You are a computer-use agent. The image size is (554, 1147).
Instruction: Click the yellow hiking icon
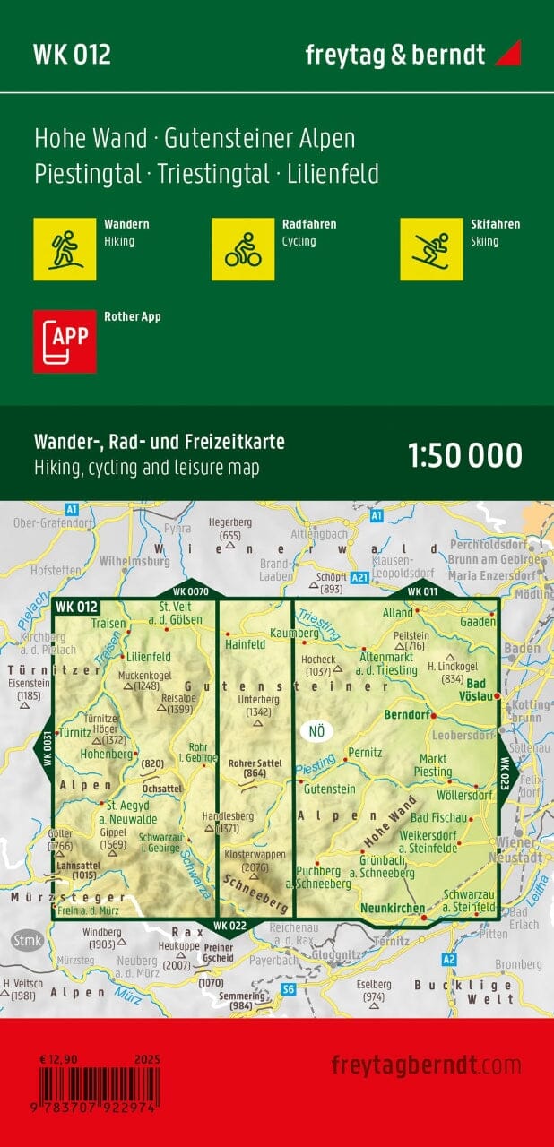[x=64, y=249]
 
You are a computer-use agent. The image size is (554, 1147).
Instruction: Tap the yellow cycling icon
[x=243, y=249]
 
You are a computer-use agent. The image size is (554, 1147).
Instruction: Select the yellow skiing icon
[x=431, y=249]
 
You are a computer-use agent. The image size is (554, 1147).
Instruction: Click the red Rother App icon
[x=64, y=341]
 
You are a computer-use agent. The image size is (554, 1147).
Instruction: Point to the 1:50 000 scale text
[x=464, y=455]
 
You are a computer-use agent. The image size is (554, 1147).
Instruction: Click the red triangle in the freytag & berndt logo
[x=506, y=53]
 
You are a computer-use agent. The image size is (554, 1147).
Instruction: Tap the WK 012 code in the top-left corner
[x=72, y=55]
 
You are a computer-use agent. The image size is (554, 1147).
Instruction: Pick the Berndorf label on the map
[x=408, y=716]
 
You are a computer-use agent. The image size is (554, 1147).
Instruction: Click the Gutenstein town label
[x=329, y=789]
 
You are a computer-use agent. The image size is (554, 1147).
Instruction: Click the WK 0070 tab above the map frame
[x=190, y=591]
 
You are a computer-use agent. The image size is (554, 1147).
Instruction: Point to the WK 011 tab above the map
[x=422, y=591]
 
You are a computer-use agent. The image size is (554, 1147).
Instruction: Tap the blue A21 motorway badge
[x=359, y=578]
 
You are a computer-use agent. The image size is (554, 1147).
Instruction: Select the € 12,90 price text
[x=58, y=1059]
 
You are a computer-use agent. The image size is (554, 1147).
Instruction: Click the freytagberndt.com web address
[x=426, y=1065]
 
